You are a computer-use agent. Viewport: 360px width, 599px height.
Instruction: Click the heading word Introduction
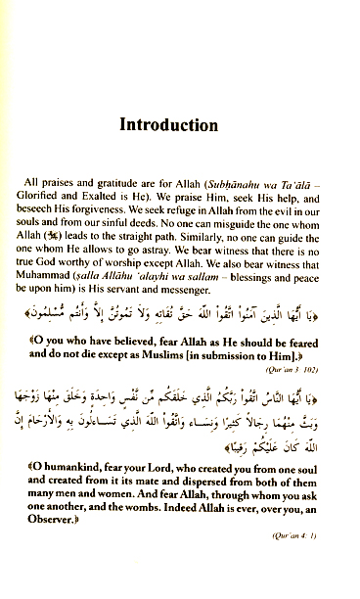click(180, 126)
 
